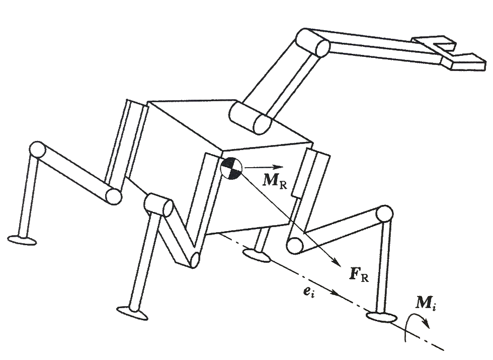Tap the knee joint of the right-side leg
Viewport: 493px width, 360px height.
point(384,213)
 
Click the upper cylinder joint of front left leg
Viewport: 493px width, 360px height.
point(157,204)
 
